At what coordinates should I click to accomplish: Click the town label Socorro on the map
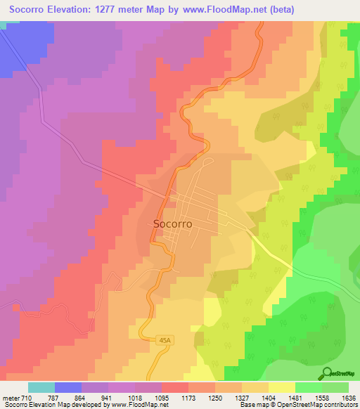point(172,224)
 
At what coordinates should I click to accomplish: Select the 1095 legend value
point(162,398)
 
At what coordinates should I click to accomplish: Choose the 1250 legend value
point(215,398)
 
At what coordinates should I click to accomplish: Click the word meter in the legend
point(11,398)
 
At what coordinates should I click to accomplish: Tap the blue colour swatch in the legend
point(68,387)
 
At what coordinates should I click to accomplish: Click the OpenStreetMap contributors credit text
point(318,405)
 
